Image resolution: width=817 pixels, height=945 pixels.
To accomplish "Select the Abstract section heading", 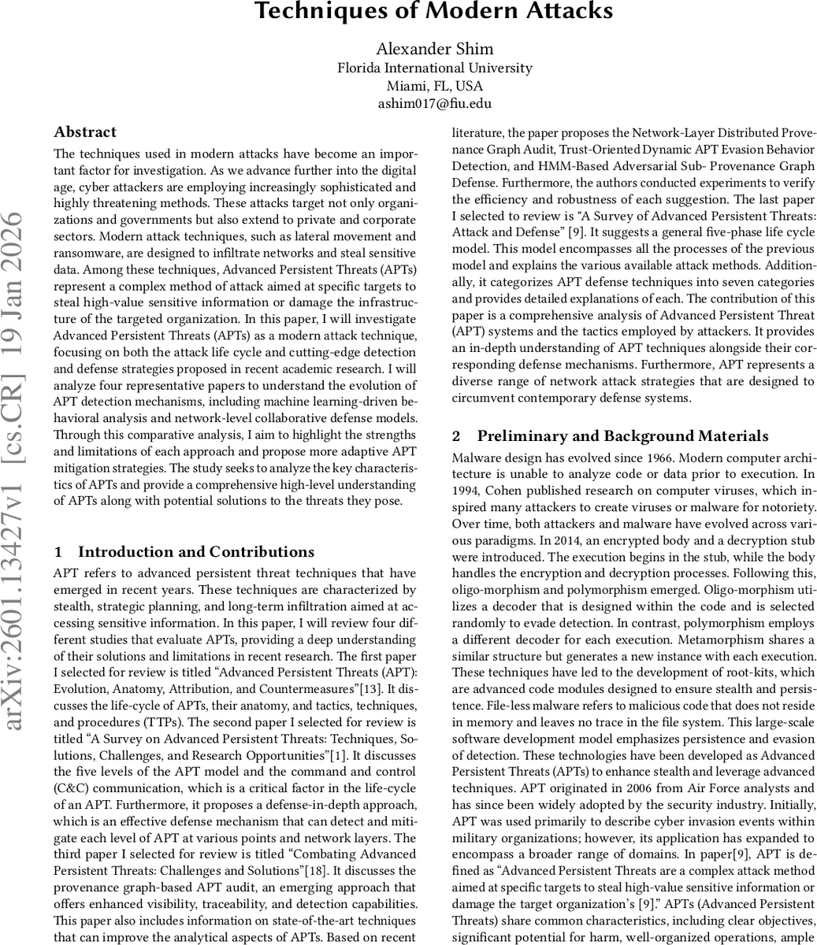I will coord(85,132).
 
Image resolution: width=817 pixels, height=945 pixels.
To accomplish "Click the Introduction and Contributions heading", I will coord(195,552).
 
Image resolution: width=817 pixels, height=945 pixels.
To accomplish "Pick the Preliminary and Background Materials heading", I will coord(622,436).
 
